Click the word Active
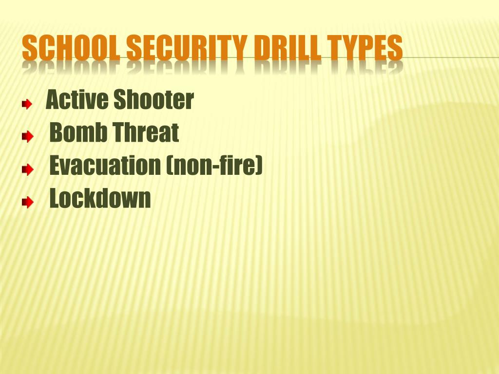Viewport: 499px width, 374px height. (x=77, y=100)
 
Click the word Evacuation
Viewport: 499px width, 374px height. (x=105, y=166)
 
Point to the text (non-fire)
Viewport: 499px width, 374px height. (x=214, y=167)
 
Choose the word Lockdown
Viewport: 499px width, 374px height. (x=100, y=199)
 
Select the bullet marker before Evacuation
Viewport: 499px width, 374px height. (x=27, y=170)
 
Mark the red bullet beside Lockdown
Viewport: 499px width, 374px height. (x=27, y=203)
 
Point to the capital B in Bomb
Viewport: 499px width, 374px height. (x=56, y=133)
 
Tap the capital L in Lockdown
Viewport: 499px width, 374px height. (x=55, y=199)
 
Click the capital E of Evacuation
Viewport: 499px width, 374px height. (x=55, y=166)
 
